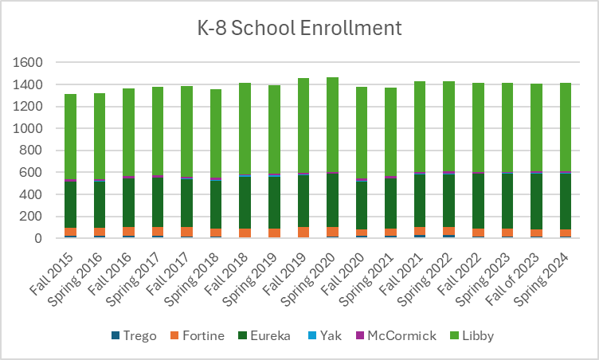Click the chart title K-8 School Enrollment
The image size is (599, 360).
[299, 28]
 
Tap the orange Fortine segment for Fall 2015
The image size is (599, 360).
[71, 232]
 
